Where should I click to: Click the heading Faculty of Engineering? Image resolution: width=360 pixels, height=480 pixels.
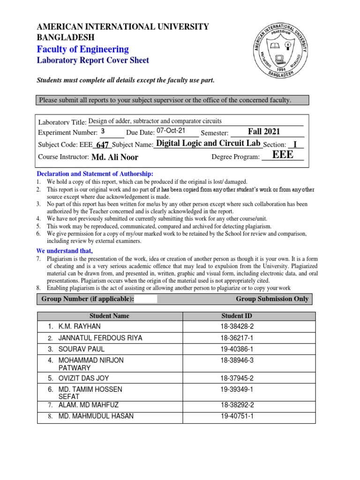click(82, 49)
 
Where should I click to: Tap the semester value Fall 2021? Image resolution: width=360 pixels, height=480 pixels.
click(264, 132)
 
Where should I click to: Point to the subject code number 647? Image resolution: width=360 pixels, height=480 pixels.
click(103, 146)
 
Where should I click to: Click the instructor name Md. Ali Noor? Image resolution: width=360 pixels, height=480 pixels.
click(115, 157)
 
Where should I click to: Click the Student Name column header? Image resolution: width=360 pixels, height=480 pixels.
click(109, 316)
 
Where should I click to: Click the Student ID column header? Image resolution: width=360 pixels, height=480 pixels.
click(237, 316)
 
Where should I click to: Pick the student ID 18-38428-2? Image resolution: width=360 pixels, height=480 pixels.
click(237, 326)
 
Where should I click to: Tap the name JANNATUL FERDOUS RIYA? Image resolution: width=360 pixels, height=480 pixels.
click(100, 338)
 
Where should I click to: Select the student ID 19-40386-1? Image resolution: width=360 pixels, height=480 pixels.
click(237, 349)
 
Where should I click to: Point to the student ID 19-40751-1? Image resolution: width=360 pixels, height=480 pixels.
click(237, 416)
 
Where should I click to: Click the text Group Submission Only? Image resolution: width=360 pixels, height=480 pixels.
click(272, 299)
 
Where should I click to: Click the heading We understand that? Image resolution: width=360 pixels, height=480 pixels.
click(61, 250)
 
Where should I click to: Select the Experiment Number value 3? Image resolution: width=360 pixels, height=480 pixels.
click(103, 132)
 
